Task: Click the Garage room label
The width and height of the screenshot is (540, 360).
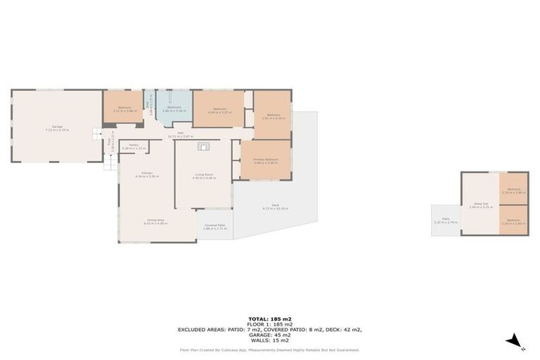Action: click(58, 127)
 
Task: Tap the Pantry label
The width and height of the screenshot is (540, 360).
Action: click(134, 146)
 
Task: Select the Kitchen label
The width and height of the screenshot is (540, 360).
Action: click(147, 174)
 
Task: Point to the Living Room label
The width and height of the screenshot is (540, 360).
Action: click(205, 176)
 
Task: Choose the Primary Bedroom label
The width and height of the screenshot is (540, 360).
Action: click(266, 160)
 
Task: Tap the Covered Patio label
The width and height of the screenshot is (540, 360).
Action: click(214, 227)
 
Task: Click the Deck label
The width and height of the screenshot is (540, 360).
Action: click(276, 207)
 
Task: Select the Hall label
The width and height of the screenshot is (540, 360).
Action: click(180, 134)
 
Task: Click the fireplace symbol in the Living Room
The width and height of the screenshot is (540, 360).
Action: click(204, 146)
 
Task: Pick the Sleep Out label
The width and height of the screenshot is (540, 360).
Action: click(480, 205)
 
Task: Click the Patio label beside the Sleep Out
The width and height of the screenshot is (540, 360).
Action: click(446, 221)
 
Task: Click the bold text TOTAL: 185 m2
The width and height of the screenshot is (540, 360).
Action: click(270, 319)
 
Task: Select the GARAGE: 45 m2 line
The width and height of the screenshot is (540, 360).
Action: click(270, 335)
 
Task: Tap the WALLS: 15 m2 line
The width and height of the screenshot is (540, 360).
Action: click(270, 340)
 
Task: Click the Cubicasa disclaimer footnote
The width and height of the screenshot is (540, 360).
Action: click(270, 349)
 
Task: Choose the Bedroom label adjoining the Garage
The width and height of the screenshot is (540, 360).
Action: click(123, 108)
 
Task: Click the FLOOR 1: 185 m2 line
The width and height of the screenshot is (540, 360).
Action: click(270, 324)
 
